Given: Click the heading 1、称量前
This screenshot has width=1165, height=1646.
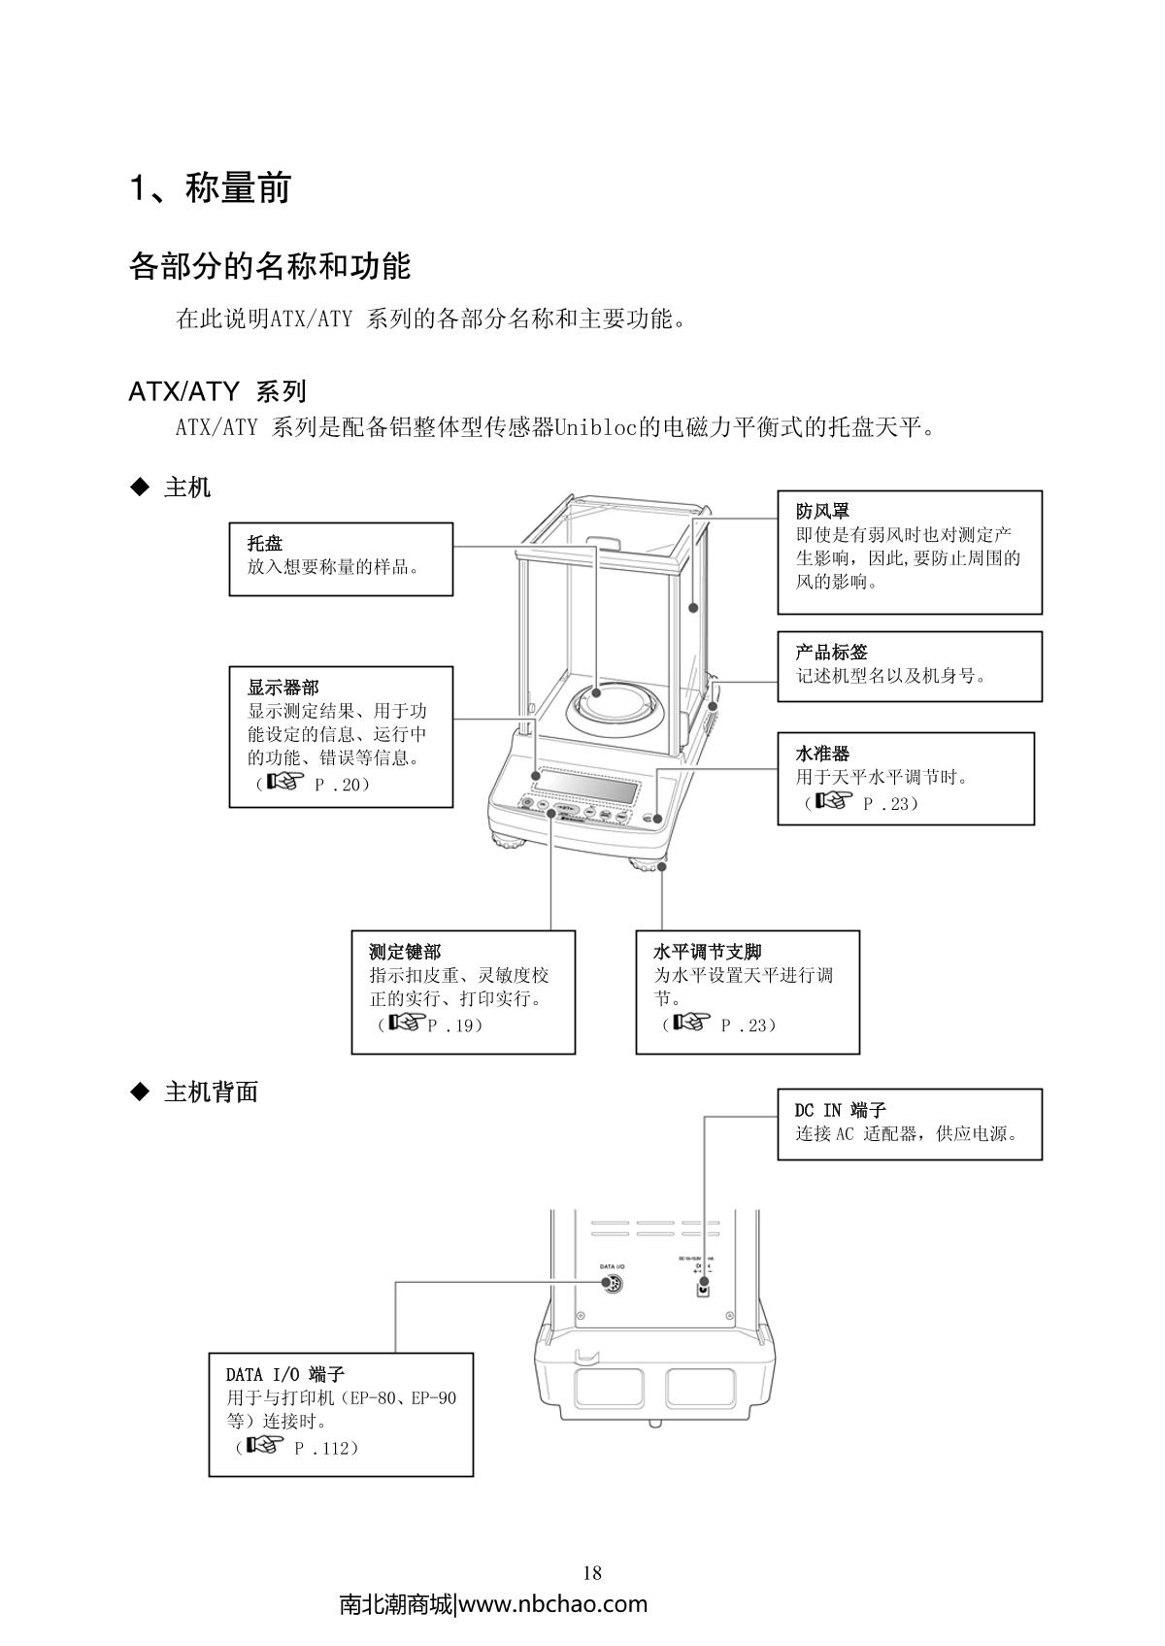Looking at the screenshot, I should click(211, 188).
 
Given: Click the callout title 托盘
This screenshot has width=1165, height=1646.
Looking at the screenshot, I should click(265, 543).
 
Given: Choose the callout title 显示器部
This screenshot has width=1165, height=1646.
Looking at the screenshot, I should click(283, 688).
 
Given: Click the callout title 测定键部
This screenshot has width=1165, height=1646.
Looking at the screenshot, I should click(405, 952).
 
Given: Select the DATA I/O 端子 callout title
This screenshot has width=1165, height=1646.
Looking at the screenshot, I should click(285, 1374).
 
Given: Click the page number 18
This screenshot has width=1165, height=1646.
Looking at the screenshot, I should click(592, 1573).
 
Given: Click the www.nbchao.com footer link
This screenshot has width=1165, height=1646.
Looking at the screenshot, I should click(551, 1604).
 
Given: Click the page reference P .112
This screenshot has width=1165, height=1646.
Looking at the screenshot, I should click(326, 1448).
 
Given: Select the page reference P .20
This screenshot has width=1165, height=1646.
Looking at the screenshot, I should click(342, 784).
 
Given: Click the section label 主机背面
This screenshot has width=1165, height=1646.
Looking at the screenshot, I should click(211, 1092).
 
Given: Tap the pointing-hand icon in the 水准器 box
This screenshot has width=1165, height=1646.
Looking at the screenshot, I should click(833, 801).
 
